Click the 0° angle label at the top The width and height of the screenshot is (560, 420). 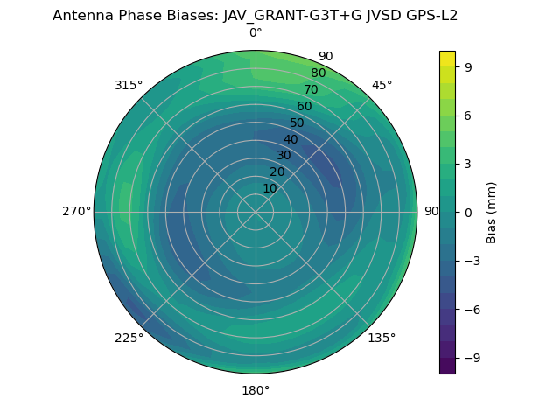coord(255,33)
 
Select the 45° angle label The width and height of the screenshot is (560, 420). coord(381,85)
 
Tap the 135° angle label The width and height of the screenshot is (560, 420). coord(381,338)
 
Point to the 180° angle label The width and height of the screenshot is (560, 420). coord(255,390)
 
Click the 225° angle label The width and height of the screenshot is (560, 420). coord(129,338)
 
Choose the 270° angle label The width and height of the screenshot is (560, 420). coord(76,212)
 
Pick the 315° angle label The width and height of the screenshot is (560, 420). coord(129,85)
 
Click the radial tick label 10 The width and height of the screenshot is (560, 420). coord(269,188)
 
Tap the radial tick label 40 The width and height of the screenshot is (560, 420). coord(290,139)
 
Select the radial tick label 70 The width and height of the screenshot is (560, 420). coord(311,89)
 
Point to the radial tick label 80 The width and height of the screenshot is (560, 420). coord(318,73)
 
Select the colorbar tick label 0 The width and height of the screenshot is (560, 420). coord(468,212)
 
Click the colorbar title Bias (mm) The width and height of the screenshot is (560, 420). coord(492,212)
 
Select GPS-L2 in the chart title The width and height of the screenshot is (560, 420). coord(429,15)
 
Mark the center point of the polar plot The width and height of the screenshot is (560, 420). coord(255,212)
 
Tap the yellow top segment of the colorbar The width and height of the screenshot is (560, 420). coord(447,58)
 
